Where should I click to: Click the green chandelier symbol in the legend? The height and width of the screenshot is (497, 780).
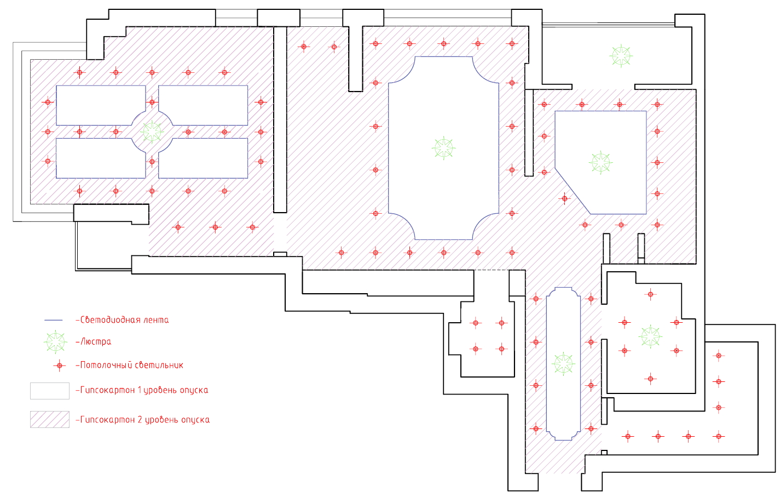(55, 342)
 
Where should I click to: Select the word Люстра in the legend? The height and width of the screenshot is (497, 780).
(96, 341)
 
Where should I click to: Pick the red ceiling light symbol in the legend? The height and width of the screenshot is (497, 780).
(60, 365)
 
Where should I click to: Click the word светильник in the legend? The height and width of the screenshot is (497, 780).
(158, 365)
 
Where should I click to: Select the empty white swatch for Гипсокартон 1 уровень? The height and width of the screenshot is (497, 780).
(49, 391)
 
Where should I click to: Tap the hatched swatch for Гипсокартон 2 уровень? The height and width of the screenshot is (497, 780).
(49, 419)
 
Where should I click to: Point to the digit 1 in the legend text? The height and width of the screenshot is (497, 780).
(140, 390)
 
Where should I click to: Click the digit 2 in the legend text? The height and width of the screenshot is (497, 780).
(140, 420)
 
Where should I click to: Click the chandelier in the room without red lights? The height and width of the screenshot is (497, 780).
(621, 55)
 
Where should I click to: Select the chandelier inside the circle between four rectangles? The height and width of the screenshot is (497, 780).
(152, 132)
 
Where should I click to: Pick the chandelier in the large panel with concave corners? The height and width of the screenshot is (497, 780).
(443, 148)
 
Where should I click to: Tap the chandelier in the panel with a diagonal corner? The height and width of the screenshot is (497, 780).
(600, 162)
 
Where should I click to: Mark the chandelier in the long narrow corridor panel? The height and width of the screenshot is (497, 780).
(563, 363)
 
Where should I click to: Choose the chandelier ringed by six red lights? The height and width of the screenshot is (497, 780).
(650, 336)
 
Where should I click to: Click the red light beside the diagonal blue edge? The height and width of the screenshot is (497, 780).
(565, 198)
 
